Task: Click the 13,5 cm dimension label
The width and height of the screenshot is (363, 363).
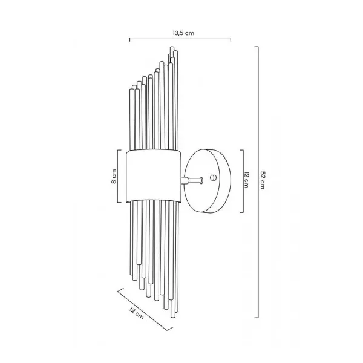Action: coord(183,33)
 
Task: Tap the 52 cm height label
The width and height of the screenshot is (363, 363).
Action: coord(263,180)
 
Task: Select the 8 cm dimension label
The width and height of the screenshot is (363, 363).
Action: coord(114,176)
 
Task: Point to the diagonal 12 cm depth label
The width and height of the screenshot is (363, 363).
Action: coord(136,313)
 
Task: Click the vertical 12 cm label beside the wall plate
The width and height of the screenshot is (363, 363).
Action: coord(247,180)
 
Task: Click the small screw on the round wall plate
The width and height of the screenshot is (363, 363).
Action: coord(212,177)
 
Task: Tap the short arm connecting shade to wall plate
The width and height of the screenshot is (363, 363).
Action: coord(192,180)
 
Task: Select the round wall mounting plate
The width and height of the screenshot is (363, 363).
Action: coord(208,181)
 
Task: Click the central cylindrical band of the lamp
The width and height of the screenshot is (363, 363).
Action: coord(154,176)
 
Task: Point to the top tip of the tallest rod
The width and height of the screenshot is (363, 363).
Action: coord(172,47)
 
